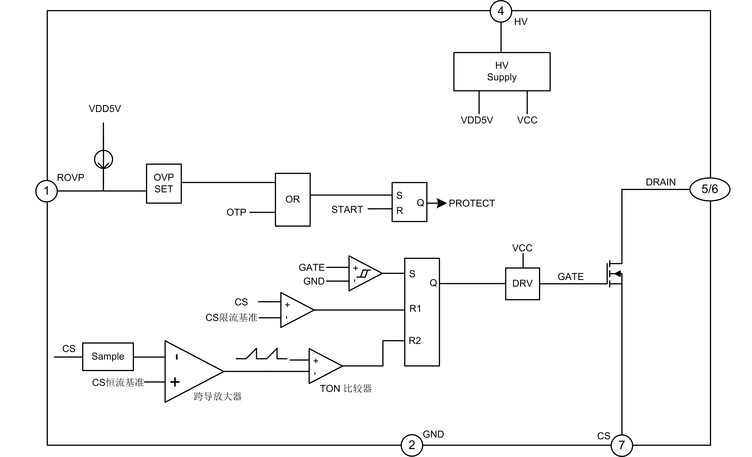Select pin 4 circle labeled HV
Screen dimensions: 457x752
point(501,11)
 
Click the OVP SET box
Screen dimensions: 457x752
point(164,183)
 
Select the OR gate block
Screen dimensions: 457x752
point(293,200)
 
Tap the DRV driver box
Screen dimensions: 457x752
point(522,284)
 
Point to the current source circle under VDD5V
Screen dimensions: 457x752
point(103,159)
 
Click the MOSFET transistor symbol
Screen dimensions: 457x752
point(614,274)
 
